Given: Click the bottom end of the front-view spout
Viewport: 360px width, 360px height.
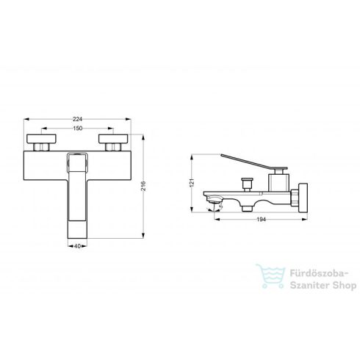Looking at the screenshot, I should pyautogui.click(x=79, y=234).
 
